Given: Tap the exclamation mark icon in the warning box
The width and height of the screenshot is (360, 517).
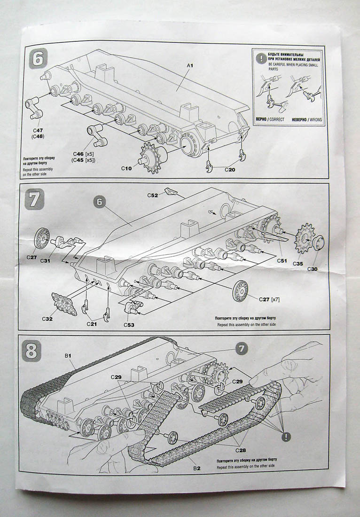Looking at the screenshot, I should pos(261,59).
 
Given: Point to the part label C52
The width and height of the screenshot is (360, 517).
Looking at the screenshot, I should pos(153,195).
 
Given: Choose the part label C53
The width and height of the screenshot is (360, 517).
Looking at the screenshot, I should pos(129,324).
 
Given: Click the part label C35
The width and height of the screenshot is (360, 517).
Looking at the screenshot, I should pos(298,264).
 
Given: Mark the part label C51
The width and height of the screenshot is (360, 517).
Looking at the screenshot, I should pos(282,260).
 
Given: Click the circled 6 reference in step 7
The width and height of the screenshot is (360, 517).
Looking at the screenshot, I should pos(100,202).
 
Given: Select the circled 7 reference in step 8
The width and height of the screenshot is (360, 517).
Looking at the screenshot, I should pos(241,349).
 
